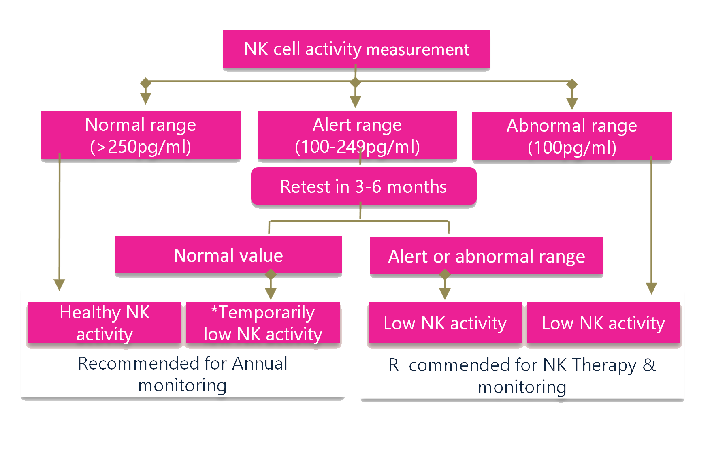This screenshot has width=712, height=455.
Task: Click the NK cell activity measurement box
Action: (356, 49)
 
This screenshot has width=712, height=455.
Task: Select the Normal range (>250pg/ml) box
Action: (141, 135)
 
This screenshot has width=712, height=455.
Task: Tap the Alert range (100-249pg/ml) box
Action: (357, 135)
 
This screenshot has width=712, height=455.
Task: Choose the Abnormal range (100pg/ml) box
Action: (572, 136)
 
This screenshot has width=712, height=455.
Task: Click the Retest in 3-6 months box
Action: (364, 186)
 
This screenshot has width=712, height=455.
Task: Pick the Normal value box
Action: (228, 255)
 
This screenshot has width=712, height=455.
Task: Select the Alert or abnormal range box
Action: (486, 256)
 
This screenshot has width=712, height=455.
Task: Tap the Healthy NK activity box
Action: (104, 323)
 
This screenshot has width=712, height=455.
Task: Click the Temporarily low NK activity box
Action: (263, 323)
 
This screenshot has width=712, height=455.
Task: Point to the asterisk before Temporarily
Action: (214, 310)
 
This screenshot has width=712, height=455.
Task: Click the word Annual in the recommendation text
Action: (260, 363)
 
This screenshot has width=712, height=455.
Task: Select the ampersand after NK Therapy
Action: (649, 365)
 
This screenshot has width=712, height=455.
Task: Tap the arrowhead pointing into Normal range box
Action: (145, 98)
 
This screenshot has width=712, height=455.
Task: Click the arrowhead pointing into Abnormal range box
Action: (572, 104)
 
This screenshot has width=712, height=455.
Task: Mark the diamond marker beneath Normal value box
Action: (271, 275)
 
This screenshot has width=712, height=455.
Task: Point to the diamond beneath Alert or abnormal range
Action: (445, 275)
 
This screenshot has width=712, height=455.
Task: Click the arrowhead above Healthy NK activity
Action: (60, 285)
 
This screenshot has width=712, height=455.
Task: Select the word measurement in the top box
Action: (418, 49)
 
